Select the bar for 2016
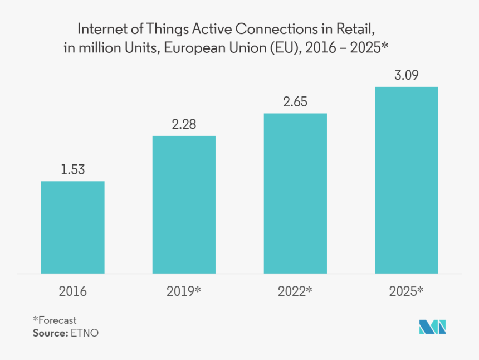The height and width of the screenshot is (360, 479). pyautogui.click(x=72, y=227)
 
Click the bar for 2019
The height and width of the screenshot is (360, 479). pyautogui.click(x=184, y=205)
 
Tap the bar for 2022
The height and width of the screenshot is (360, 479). pyautogui.click(x=295, y=193)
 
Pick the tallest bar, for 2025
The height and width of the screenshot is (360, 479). pyautogui.click(x=407, y=180)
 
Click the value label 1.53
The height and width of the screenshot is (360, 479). pyautogui.click(x=72, y=170)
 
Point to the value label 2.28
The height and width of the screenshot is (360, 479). pyautogui.click(x=184, y=124)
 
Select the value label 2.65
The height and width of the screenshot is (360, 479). pyautogui.click(x=295, y=102)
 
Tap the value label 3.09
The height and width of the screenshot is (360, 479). pyautogui.click(x=407, y=75)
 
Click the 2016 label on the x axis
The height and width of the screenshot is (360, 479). pyautogui.click(x=72, y=291)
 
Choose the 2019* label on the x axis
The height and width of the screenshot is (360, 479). pyautogui.click(x=184, y=291)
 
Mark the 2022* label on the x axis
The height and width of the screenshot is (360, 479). pyautogui.click(x=295, y=291)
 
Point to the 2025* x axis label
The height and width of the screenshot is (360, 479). pyautogui.click(x=407, y=291)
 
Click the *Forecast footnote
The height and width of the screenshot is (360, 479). pyautogui.click(x=55, y=320)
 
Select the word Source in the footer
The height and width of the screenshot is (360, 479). pyautogui.click(x=49, y=333)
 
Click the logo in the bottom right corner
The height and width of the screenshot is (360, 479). pyautogui.click(x=433, y=328)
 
